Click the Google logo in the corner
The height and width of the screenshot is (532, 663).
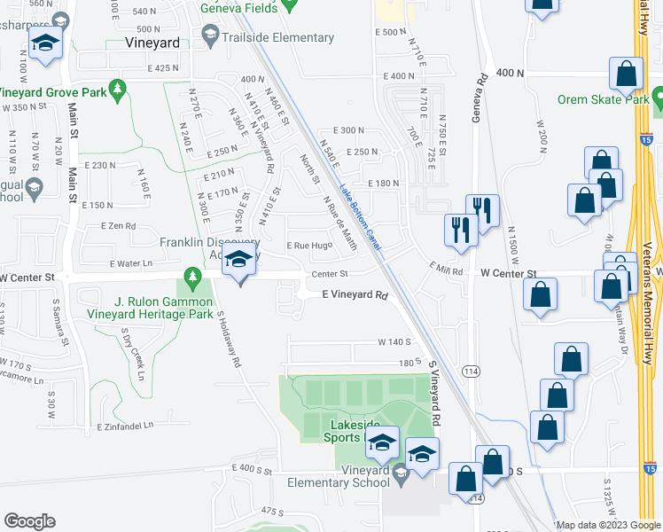[30, 520]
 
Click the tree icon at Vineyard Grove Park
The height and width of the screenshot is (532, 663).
[116, 90]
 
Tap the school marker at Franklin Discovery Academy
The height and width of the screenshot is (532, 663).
[238, 261]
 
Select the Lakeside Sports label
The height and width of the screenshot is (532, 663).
[339, 431]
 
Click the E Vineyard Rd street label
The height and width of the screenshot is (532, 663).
[355, 294]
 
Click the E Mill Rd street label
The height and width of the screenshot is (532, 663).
[446, 269]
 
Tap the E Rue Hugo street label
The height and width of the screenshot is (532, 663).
[308, 246]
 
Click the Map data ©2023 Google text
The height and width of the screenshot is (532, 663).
[608, 524]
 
